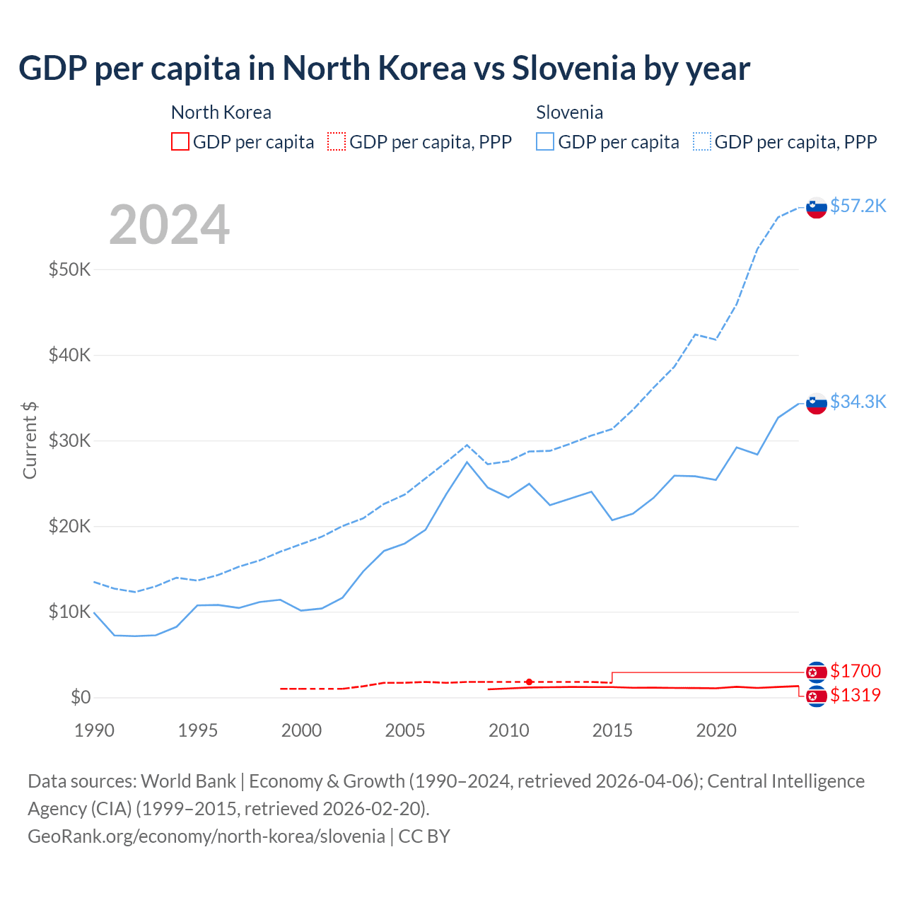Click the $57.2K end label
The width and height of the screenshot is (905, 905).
click(x=858, y=206)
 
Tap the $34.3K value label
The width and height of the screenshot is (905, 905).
click(x=858, y=402)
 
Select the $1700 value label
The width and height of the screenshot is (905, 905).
click(x=856, y=671)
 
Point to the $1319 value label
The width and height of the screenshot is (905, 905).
click(x=856, y=695)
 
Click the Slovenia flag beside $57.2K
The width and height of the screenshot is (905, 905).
click(x=817, y=208)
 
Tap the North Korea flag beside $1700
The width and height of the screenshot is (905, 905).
click(x=817, y=672)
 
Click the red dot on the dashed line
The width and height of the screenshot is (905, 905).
click(x=529, y=682)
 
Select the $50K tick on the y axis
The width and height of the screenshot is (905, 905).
click(x=69, y=269)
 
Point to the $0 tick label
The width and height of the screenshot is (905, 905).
click(x=81, y=698)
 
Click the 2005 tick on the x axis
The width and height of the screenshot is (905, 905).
click(x=405, y=730)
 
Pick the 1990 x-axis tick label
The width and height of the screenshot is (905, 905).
click(x=94, y=730)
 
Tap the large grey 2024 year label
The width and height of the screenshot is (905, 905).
click(x=169, y=225)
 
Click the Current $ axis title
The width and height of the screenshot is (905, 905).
click(x=30, y=440)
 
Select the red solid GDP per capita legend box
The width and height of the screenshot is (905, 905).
click(x=180, y=142)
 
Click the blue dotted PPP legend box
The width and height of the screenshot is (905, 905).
click(x=702, y=142)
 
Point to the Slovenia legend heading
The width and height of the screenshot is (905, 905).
click(x=569, y=112)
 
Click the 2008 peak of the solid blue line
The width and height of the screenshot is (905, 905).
click(x=467, y=462)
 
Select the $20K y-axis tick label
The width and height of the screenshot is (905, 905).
click(x=69, y=526)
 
